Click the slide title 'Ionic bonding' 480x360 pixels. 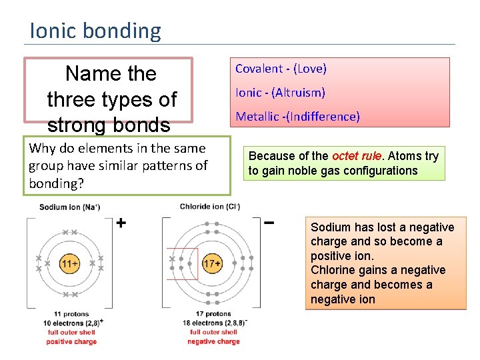point(95,31)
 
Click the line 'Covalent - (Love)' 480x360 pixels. point(281,69)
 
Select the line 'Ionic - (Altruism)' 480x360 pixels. point(280,93)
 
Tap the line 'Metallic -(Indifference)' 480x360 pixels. point(297,117)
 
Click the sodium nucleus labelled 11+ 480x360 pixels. point(69,264)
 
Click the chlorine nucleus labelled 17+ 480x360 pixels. point(212,264)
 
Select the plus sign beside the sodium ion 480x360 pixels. point(121,223)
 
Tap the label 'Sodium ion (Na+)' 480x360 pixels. point(69,207)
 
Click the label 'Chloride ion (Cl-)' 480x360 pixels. point(210,207)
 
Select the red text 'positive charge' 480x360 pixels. point(71,341)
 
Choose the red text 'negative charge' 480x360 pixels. point(213,341)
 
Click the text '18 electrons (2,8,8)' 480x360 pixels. point(213,323)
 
